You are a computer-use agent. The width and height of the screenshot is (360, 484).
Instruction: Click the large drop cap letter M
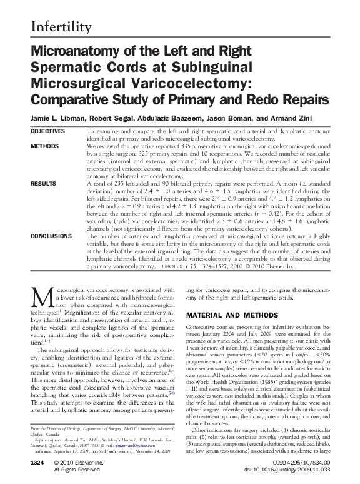tap(39, 298)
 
